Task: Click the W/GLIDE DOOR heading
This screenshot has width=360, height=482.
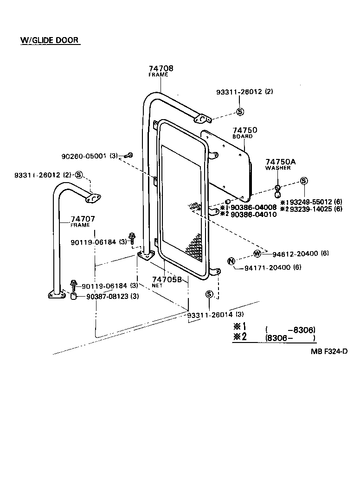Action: [50, 40]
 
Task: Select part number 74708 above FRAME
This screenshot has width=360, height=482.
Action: [158, 69]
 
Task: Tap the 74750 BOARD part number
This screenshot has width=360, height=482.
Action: [244, 130]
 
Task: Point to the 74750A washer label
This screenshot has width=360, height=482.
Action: [280, 161]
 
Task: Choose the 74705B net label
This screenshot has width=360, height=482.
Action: [170, 280]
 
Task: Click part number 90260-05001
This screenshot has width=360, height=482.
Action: [84, 156]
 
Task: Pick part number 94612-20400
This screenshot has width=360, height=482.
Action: [295, 254]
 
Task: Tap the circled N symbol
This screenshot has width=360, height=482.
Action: [231, 261]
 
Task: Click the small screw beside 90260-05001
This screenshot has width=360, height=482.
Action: [129, 155]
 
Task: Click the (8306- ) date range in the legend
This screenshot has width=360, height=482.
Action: [290, 338]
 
